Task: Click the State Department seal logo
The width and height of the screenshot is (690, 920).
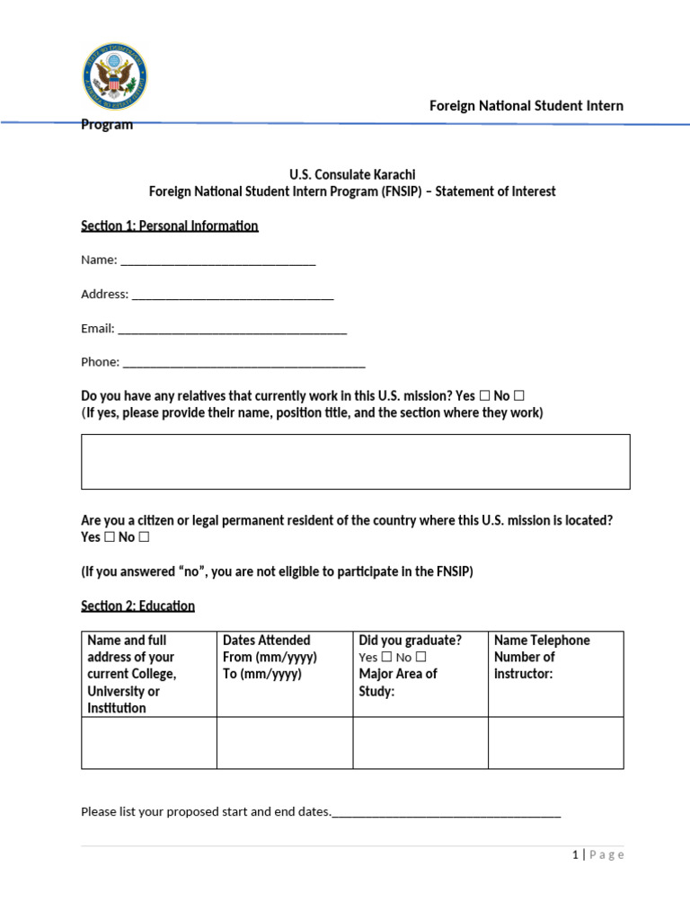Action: click(115, 76)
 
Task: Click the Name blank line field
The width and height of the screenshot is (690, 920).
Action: click(217, 261)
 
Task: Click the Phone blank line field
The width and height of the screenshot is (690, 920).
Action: click(243, 364)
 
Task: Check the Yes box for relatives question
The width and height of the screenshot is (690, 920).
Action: click(485, 396)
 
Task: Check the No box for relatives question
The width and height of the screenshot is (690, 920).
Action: click(519, 396)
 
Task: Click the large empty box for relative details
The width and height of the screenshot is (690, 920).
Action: click(355, 462)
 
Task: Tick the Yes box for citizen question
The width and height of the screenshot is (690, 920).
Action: click(109, 537)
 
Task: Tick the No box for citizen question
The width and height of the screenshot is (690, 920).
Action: click(144, 537)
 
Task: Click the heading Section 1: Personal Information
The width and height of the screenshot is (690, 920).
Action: click(170, 226)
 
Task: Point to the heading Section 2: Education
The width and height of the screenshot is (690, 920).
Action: click(137, 606)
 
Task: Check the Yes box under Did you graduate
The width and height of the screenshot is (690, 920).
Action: click(386, 658)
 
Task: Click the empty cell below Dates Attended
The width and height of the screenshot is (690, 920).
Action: click(285, 743)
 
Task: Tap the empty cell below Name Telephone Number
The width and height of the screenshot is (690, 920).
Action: click(555, 743)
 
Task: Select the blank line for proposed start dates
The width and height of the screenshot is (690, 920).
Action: click(447, 813)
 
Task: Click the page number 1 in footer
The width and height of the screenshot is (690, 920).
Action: click(575, 855)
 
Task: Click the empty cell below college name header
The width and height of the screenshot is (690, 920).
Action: click(149, 743)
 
